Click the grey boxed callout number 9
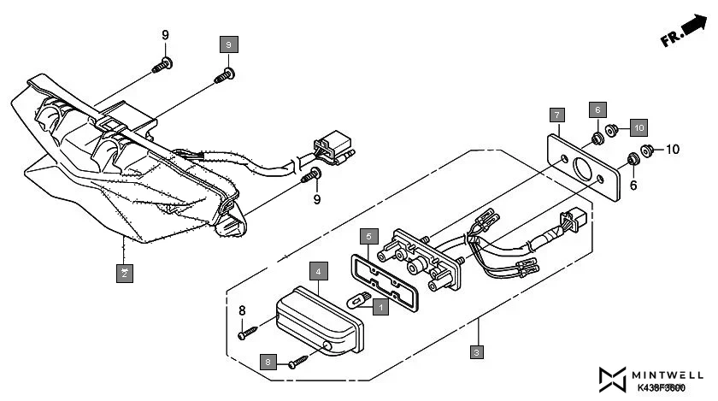(227, 44)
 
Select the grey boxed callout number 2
(125, 273)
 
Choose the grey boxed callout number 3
(478, 351)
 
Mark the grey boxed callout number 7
(556, 115)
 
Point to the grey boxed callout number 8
(268, 363)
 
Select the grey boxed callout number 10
(638, 127)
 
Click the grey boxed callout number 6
(598, 110)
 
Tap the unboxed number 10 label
(672, 150)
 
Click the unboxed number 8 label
(242, 310)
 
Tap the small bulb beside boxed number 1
(356, 299)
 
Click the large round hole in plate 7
(584, 167)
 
